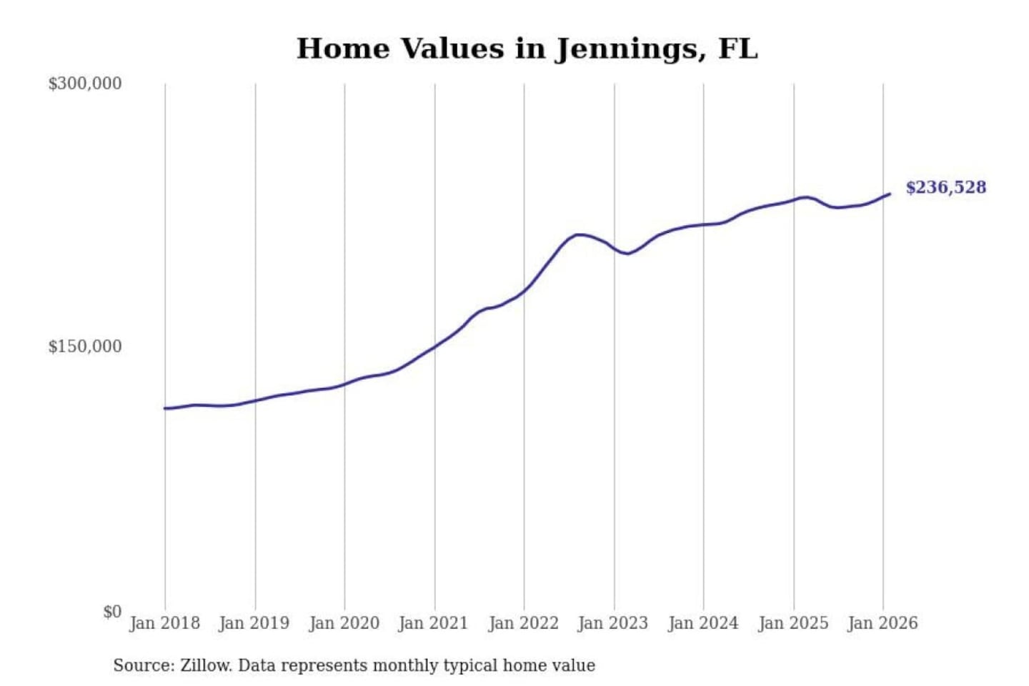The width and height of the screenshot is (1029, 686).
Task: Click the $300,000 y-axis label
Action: point(85,84)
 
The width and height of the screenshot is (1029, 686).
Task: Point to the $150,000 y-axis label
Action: point(85,347)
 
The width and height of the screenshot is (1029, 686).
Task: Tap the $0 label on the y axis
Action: point(111,612)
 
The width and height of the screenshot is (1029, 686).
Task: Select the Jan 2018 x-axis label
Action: point(164,623)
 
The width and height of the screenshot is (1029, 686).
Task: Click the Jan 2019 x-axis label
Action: point(254,623)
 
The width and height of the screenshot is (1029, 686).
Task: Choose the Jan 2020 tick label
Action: point(344,623)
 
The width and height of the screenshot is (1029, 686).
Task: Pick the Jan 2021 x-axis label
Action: point(433,623)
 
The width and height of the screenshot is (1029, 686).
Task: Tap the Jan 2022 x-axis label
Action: point(523,623)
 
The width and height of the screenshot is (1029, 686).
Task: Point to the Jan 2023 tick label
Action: point(613,623)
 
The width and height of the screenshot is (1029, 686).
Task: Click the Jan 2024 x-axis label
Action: point(703,623)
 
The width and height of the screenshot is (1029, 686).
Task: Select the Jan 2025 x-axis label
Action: point(793,623)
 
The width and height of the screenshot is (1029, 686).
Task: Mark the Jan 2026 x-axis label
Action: point(883,623)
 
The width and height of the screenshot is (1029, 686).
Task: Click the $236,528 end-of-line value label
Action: point(945,187)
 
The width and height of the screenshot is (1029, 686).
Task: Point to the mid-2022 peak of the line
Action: point(579,234)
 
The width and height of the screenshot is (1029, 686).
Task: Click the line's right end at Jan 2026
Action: point(889,194)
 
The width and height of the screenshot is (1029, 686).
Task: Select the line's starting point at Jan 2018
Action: point(165,408)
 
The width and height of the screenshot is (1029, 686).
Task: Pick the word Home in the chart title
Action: point(342,49)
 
